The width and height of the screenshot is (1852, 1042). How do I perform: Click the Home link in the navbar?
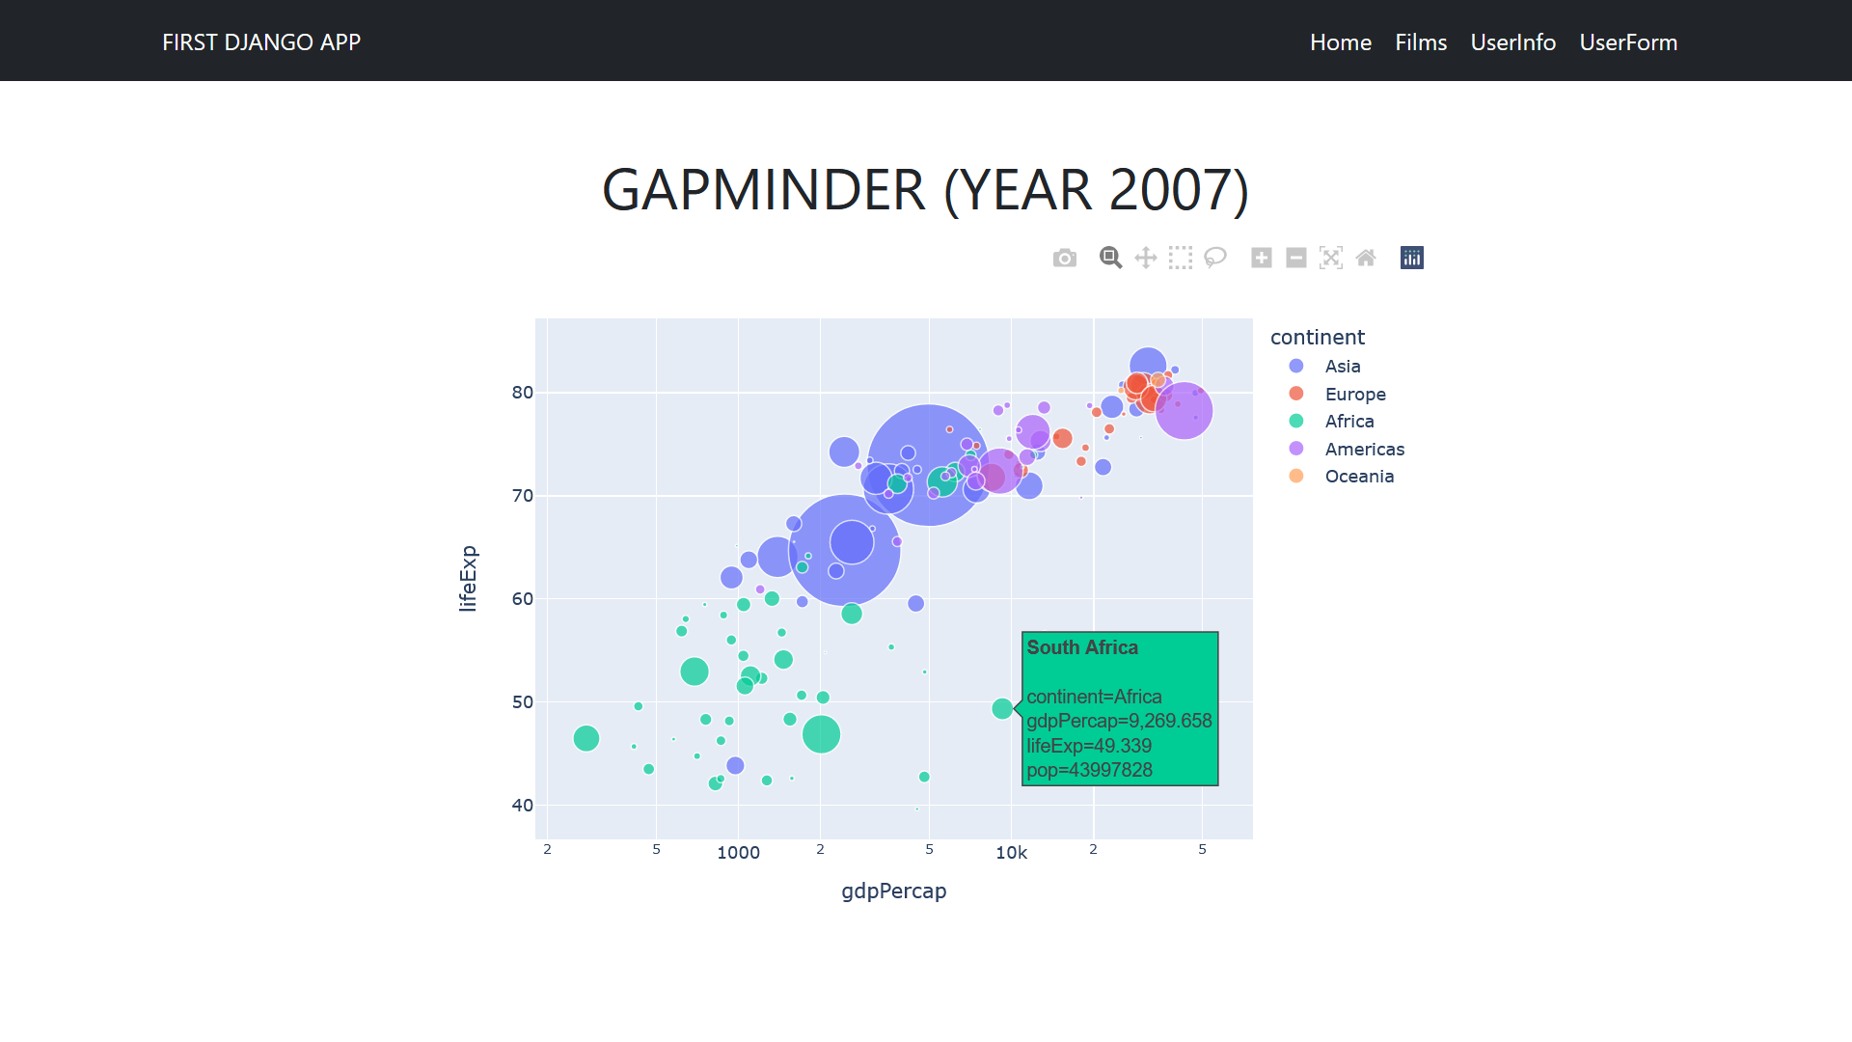click(x=1340, y=42)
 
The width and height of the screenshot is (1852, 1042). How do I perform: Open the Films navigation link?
click(x=1421, y=42)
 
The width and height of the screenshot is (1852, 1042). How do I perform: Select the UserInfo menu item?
click(x=1512, y=42)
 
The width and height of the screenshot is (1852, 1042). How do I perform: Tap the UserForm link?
click(x=1628, y=42)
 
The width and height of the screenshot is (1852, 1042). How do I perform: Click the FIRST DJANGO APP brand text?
click(x=261, y=42)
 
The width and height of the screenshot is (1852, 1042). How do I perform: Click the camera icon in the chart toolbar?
click(x=1065, y=258)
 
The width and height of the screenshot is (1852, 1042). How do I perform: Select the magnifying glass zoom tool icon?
click(x=1110, y=258)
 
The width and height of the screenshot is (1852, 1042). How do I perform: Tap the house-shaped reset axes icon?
click(x=1366, y=258)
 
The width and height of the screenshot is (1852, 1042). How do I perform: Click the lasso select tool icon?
click(x=1215, y=258)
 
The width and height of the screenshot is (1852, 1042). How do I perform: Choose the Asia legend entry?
click(x=1343, y=366)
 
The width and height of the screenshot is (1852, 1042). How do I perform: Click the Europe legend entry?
click(x=1355, y=394)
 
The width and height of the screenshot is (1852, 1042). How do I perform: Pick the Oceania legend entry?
click(x=1359, y=476)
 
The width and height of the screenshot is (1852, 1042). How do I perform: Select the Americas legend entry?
click(x=1364, y=449)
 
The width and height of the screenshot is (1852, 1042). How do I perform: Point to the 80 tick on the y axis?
click(x=523, y=393)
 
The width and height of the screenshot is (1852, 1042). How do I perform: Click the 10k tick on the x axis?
click(x=1011, y=853)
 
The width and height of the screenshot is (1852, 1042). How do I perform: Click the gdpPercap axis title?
click(x=894, y=891)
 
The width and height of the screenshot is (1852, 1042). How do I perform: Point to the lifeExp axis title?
click(x=468, y=579)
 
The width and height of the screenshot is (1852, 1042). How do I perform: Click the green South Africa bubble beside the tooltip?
click(x=1002, y=708)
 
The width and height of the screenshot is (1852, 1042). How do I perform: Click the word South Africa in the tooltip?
click(x=1082, y=647)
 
